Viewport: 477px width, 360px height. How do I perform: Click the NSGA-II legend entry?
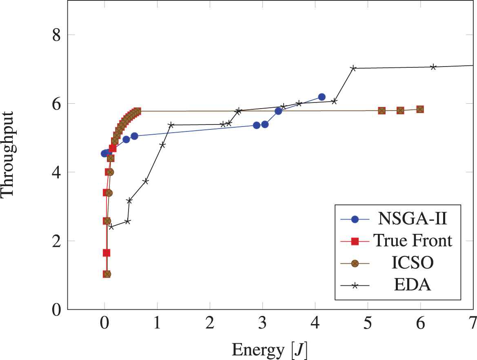coord(413,219)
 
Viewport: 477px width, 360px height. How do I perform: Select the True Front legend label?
coord(413,241)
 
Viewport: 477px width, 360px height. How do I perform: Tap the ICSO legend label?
coord(413,263)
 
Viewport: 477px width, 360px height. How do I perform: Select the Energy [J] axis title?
coord(270,349)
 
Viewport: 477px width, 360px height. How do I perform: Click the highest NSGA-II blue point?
coord(322,97)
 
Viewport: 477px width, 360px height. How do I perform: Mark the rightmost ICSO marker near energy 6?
coord(420,109)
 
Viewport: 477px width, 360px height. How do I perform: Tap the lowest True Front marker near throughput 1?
coord(106,274)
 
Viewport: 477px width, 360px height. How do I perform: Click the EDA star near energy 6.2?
coord(433,67)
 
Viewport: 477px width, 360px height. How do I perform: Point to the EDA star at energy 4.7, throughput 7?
coord(353,68)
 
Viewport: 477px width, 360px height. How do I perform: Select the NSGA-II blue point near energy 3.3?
coord(278,111)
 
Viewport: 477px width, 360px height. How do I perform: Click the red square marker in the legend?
coord(355,241)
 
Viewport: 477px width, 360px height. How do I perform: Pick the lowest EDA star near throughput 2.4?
coord(111,227)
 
